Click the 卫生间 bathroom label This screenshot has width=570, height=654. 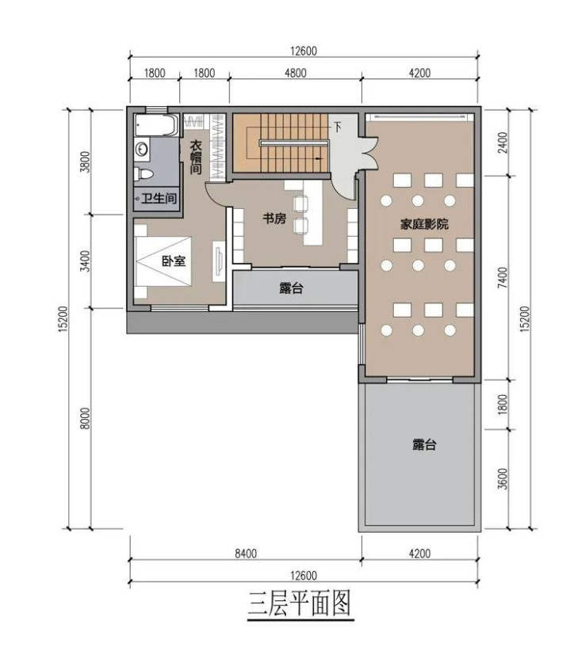point(159,198)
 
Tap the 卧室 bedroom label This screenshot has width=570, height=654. point(174,261)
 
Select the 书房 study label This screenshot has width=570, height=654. point(274,219)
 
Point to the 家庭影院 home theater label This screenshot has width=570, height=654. point(424,224)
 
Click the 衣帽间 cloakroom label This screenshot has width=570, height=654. point(196,158)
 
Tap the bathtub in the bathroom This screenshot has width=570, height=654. point(157,125)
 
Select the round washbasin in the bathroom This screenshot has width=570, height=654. point(142,149)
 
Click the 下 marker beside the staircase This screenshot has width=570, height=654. point(338,127)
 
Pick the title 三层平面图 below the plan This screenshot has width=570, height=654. point(300,603)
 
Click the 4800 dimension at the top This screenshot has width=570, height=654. point(296,73)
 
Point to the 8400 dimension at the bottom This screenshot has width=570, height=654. point(246,553)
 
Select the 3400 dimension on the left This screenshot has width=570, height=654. point(85,261)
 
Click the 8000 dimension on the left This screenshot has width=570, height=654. point(85,418)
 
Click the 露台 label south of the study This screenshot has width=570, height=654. point(291,288)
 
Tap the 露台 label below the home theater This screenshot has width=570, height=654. point(424,445)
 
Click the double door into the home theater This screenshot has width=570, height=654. point(369,154)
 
